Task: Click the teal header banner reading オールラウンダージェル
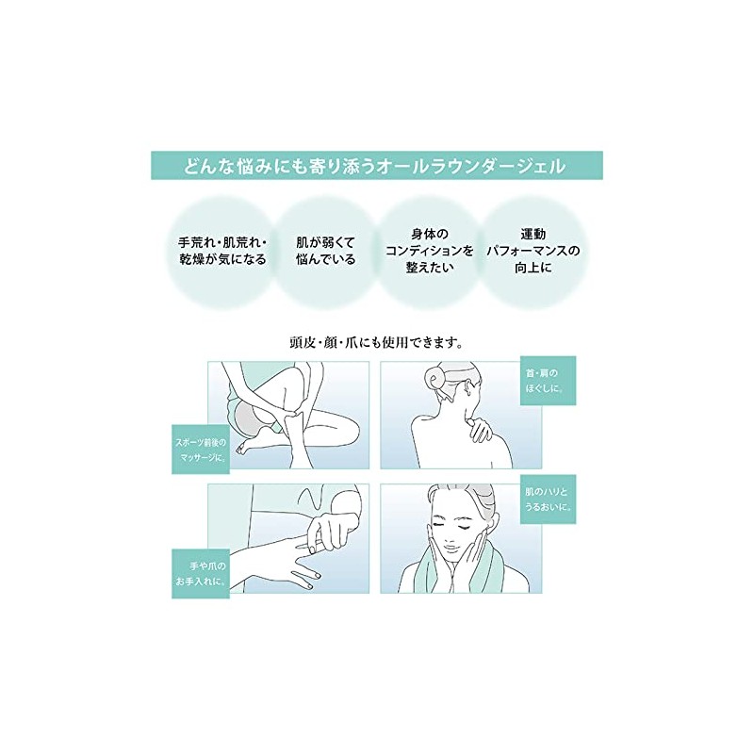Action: pos(376,166)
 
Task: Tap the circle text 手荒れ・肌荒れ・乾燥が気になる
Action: pos(222,251)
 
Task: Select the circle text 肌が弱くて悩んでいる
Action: pos(325,251)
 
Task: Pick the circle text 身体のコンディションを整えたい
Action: pos(430,251)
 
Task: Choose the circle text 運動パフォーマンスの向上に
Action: pos(533,251)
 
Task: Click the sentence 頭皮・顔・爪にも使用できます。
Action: pos(376,342)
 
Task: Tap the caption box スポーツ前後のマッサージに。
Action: pos(201,450)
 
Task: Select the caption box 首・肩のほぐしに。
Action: pos(549,381)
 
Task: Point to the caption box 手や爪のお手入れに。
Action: pos(201,574)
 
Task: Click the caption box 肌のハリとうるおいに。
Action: pos(549,500)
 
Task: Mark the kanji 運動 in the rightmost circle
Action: pos(533,234)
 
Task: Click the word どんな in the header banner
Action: pos(204,166)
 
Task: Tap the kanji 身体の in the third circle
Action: pos(430,234)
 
